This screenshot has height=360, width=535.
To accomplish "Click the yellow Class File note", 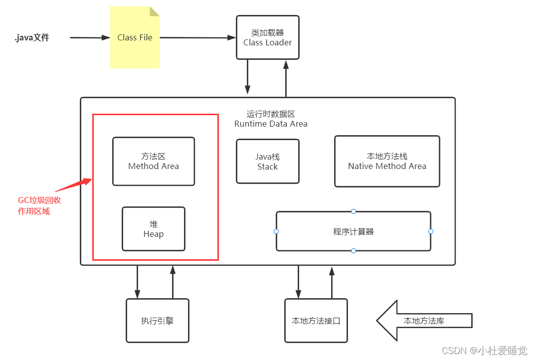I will click(x=135, y=38).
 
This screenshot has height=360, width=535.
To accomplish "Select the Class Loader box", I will click(x=268, y=37).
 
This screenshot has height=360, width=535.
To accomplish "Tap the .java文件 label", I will click(x=32, y=37).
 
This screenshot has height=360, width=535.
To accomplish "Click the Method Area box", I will click(x=154, y=161).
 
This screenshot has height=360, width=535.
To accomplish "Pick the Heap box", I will click(x=154, y=229).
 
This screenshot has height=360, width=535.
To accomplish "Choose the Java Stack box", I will click(x=268, y=162).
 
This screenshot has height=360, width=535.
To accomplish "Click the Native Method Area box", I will click(x=387, y=161).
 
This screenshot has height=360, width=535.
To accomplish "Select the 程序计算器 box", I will click(x=354, y=231).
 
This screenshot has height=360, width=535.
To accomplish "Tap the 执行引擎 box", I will click(x=158, y=321).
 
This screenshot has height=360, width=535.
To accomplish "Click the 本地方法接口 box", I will click(x=316, y=321).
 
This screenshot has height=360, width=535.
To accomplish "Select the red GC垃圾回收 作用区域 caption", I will click(x=39, y=205).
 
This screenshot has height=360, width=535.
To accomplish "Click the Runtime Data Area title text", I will click(x=271, y=119).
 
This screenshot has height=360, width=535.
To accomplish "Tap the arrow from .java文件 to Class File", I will click(x=90, y=37).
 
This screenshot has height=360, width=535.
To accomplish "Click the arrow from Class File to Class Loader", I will click(x=197, y=37).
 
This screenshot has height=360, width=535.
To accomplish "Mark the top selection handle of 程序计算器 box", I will click(x=354, y=211).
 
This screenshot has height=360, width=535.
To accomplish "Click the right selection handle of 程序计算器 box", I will click(x=431, y=231).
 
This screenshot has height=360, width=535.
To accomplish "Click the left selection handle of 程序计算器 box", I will click(x=276, y=231).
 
